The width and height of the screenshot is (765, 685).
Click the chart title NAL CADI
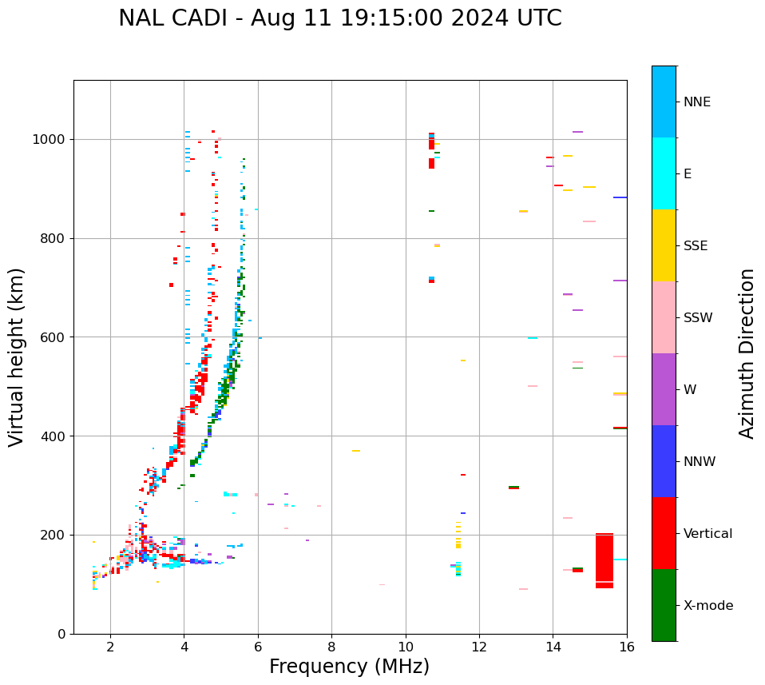339,18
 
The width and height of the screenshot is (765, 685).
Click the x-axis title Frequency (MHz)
349,667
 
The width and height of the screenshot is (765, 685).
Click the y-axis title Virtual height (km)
17,356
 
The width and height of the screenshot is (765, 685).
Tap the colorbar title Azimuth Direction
747,352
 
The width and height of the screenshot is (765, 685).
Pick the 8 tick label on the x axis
331,646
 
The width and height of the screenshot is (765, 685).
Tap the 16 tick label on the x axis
627,646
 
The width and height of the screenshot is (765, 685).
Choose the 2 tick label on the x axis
110,646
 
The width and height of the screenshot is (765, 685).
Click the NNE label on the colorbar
697,102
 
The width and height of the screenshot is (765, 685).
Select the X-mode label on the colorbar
708,606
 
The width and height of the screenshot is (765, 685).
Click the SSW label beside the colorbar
698,318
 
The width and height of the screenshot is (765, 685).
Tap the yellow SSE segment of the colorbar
664,245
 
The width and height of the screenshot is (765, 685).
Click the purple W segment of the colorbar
664,389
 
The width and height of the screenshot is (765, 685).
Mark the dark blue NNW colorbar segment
664,461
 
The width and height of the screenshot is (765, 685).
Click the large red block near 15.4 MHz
604,561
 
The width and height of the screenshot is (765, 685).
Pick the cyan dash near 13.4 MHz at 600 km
532,338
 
